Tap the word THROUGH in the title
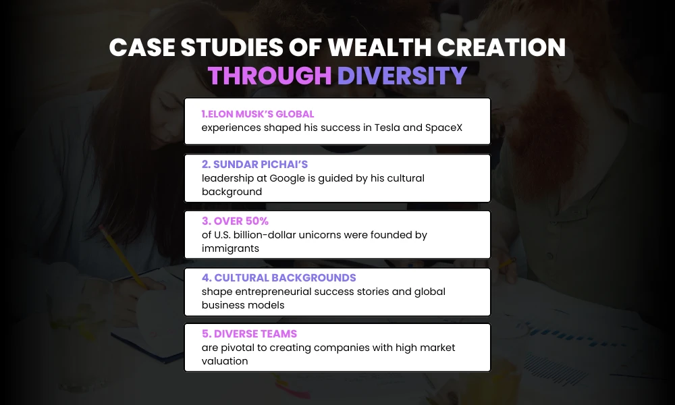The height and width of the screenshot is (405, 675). (x=270, y=76)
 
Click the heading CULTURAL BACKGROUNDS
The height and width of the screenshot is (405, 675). (x=279, y=278)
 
